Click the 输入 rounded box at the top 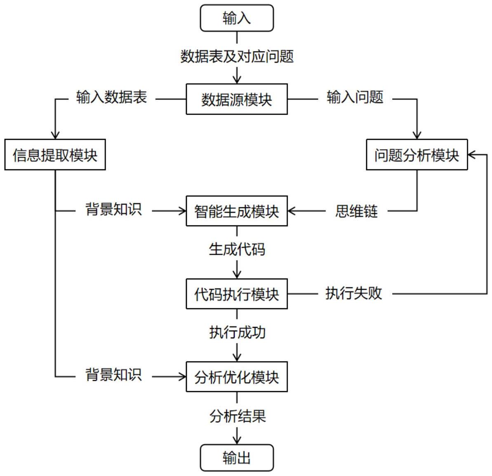pos(237,18)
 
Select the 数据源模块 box pos(237,99)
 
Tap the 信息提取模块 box pos(55,155)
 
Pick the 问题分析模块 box pos(417,155)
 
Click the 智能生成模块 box pos(237,211)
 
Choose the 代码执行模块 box pos(237,294)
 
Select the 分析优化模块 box pos(237,377)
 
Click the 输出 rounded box pos(237,457)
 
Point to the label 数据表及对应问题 pos(237,56)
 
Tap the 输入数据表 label pos(111,98)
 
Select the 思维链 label pos(356,211)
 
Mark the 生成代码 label pos(237,249)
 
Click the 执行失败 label pos(353,293)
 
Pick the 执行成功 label pos(237,332)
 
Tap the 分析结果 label pos(237,416)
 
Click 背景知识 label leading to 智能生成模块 pos(113,209)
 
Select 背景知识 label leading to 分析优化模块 pos(113,375)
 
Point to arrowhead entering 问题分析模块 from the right pos(472,155)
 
